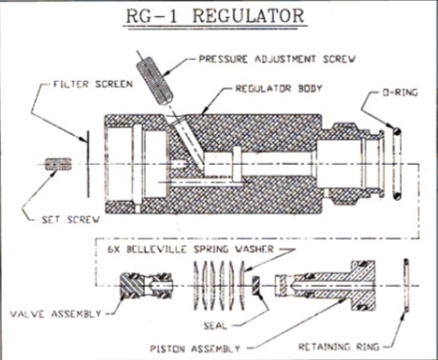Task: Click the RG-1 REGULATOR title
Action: pyautogui.click(x=215, y=16)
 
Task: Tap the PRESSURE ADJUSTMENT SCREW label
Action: pyautogui.click(x=277, y=59)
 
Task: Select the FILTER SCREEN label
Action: pyautogui.click(x=92, y=84)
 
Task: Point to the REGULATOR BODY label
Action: pyautogui.click(x=278, y=89)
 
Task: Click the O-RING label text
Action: pyautogui.click(x=399, y=92)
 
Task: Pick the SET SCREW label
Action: pyautogui.click(x=71, y=219)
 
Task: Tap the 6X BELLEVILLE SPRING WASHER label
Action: pyautogui.click(x=190, y=250)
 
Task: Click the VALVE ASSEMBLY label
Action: pyautogui.click(x=55, y=314)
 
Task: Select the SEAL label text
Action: pyautogui.click(x=215, y=326)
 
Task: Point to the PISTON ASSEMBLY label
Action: pyautogui.click(x=195, y=349)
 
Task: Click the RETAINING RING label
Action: pyautogui.click(x=339, y=347)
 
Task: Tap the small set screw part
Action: pyautogui.click(x=58, y=164)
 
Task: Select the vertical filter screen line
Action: pyautogui.click(x=88, y=164)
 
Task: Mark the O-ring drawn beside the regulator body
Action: pyautogui.click(x=396, y=164)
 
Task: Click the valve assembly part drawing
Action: pyautogui.click(x=146, y=286)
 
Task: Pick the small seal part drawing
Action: pyautogui.click(x=256, y=285)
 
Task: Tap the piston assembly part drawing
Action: pyautogui.click(x=326, y=286)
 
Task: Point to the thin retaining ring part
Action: pyautogui.click(x=406, y=285)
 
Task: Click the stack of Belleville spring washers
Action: pyautogui.click(x=219, y=286)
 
